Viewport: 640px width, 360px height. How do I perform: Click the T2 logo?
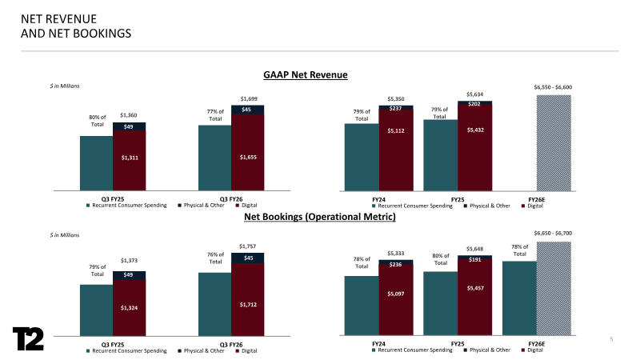pos(29,338)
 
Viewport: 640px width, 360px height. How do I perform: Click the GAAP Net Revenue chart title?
pos(306,74)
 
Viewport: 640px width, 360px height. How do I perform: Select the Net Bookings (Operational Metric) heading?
pos(319,216)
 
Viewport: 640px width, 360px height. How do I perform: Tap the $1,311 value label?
pos(128,158)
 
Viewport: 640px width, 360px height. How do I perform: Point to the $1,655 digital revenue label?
pos(247,158)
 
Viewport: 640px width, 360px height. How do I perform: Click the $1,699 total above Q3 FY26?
pos(248,98)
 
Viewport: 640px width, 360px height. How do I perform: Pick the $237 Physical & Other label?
pos(396,108)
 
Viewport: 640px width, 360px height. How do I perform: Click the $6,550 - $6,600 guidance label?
pos(552,87)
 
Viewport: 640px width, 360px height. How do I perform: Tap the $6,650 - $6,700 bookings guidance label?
pos(552,234)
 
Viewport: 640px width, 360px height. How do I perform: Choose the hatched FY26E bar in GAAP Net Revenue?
pos(553,142)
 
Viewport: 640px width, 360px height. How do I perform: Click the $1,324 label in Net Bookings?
pos(128,307)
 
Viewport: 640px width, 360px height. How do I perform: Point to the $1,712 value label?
pos(247,304)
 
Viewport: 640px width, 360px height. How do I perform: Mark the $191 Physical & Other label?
pos(475,260)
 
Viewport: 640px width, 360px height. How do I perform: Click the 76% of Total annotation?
pos(214,258)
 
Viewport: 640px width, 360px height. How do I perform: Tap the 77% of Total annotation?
pos(214,115)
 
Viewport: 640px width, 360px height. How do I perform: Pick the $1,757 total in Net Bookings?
pos(248,246)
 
